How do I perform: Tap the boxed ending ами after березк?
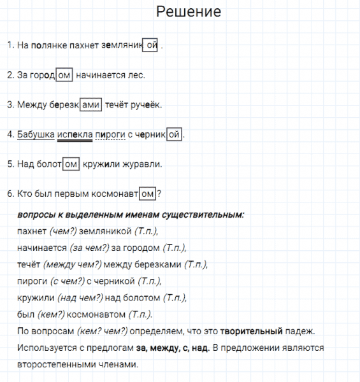point(91,105)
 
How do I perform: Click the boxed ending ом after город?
point(64,75)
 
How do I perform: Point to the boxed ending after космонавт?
point(147,194)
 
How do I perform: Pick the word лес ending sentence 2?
point(136,75)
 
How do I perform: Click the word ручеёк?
point(147,105)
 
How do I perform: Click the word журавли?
point(144,164)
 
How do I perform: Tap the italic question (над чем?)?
point(80,297)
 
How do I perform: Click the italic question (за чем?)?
point(89,248)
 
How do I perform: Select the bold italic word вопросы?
point(38,215)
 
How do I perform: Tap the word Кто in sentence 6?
point(25,194)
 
